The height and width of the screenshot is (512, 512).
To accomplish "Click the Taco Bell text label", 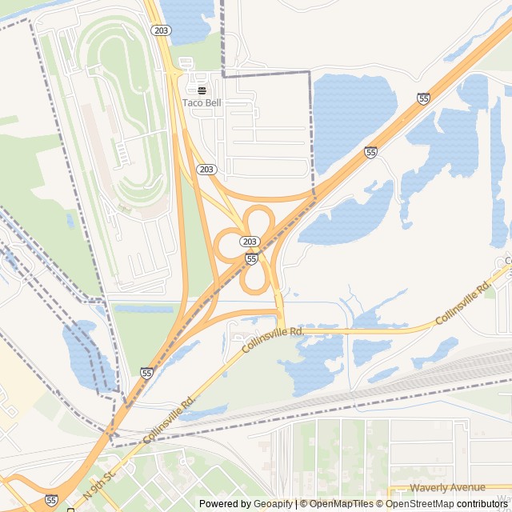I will (202, 102).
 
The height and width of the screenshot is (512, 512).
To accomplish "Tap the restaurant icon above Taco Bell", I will (202, 90).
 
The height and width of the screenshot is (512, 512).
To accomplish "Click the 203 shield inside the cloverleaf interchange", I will (250, 242).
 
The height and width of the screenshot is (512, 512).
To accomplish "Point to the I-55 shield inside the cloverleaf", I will (251, 259).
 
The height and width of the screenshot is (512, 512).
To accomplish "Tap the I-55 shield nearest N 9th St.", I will (51, 499).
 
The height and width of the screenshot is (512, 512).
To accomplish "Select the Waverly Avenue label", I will (447, 487).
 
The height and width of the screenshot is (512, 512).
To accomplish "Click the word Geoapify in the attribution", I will (273, 504).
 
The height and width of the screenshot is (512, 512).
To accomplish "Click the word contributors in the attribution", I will (483, 504).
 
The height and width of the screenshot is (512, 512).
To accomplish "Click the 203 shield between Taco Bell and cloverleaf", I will (206, 169).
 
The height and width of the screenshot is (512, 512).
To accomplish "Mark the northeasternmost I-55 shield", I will (423, 98).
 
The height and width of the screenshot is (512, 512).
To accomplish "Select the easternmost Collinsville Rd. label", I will (462, 302).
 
